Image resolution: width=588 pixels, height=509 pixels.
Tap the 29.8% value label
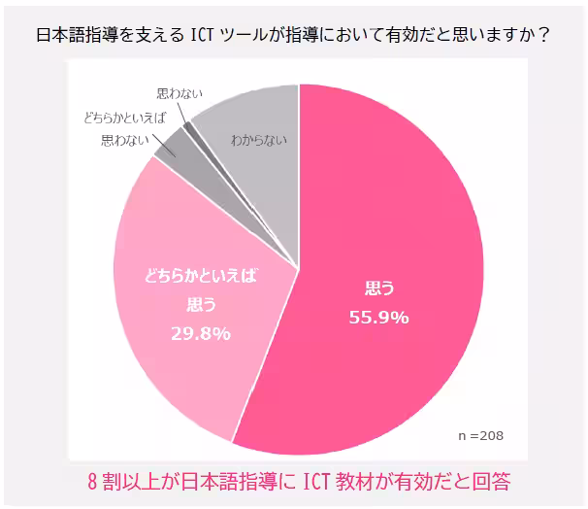[200, 333]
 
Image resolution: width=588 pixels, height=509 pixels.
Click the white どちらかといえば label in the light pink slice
[200, 276]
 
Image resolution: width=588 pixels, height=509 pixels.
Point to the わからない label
[259, 140]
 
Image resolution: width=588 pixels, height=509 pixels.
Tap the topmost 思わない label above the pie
[179, 95]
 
